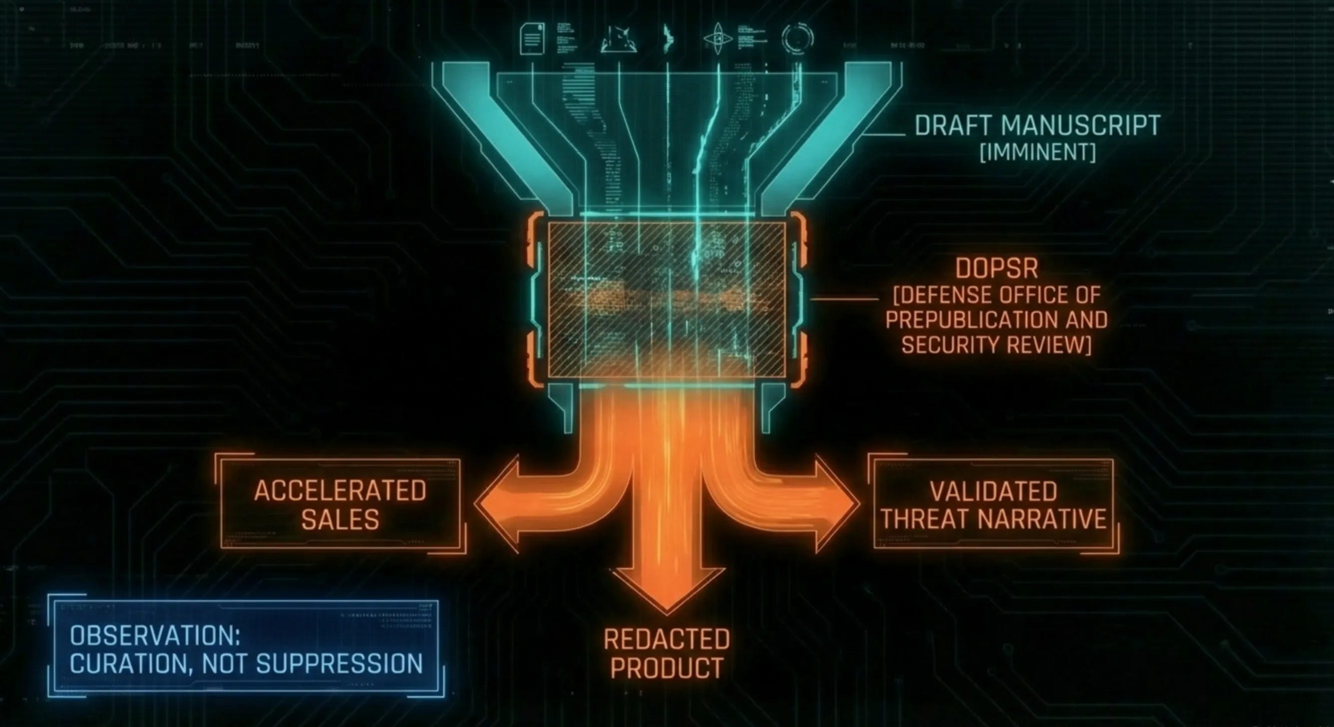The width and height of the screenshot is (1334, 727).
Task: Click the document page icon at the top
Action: pyautogui.click(x=532, y=38)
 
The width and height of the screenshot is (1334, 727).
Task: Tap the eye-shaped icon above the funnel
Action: pyautogui.click(x=718, y=39)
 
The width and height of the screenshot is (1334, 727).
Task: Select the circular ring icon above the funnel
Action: pyautogui.click(x=797, y=38)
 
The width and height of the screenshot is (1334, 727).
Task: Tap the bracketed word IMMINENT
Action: pyautogui.click(x=1038, y=153)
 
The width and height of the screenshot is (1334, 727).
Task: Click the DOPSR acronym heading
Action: pyautogui.click(x=997, y=268)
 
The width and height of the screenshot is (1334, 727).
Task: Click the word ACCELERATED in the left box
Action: pyautogui.click(x=340, y=491)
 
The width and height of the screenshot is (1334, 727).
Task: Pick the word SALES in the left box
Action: pyautogui.click(x=340, y=519)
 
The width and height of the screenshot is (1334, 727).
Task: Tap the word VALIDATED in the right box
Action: pyautogui.click(x=993, y=491)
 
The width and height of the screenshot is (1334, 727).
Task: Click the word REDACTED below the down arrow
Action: pyautogui.click(x=667, y=640)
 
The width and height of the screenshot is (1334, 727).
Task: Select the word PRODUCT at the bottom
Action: pyautogui.click(x=667, y=668)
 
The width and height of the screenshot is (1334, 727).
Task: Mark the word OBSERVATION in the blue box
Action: pyautogui.click(x=155, y=636)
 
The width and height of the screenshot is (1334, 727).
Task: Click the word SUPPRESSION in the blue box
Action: pyautogui.click(x=339, y=664)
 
